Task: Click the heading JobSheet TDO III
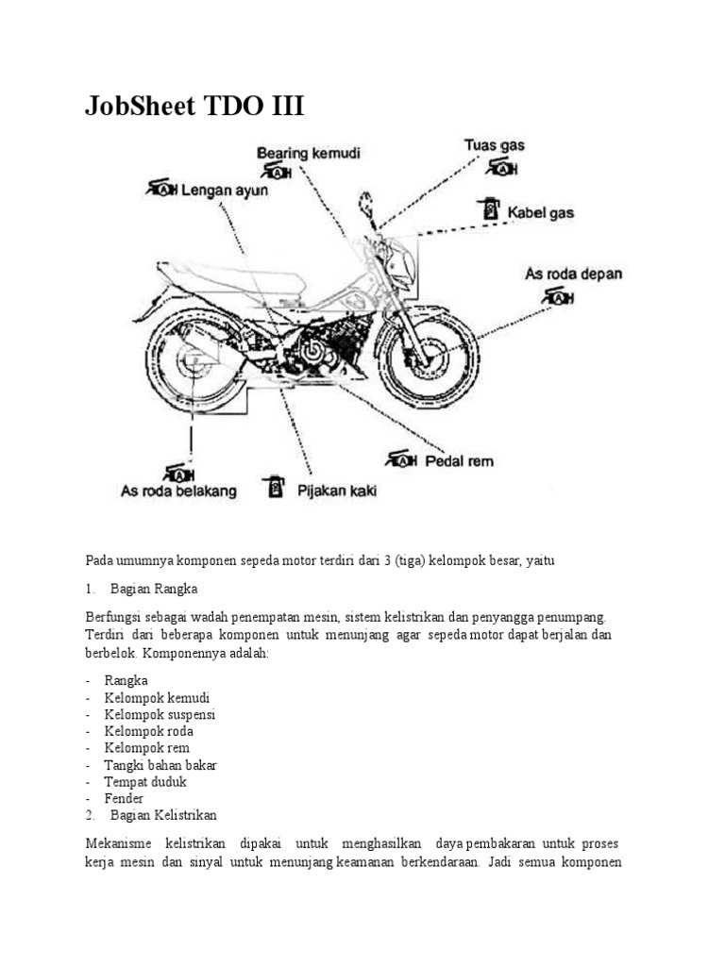tap(194, 106)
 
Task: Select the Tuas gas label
tap(494, 146)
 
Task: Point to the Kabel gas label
tap(541, 213)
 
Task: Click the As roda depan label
tap(573, 275)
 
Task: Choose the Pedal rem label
tap(459, 461)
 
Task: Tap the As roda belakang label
tap(179, 491)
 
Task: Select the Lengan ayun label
tap(225, 190)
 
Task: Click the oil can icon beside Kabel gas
tap(489, 209)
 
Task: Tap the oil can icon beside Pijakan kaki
tap(275, 487)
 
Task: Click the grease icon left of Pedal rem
tap(402, 459)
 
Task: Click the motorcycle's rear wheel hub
tap(195, 361)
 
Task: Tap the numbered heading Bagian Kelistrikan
tap(163, 815)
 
